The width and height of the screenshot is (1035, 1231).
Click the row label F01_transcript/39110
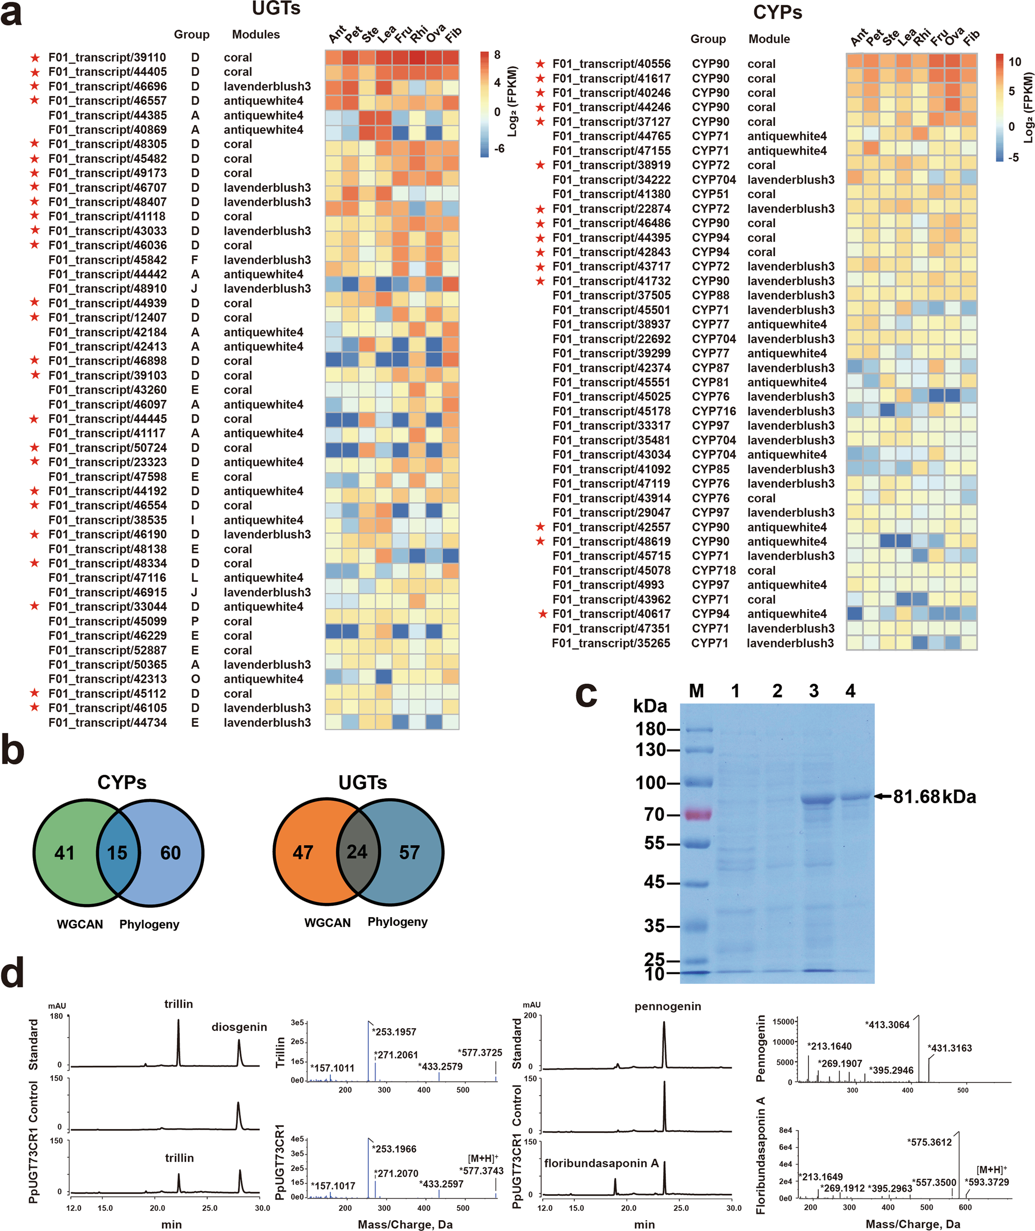point(108,57)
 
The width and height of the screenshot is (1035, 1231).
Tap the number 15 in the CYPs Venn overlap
point(117,852)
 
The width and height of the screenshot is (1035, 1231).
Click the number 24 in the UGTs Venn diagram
point(357,851)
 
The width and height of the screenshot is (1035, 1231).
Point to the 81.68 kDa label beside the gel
point(934,797)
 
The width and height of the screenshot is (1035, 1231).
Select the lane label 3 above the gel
point(813,691)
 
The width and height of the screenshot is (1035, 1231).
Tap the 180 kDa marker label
point(651,729)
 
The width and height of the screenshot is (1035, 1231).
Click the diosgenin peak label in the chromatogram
point(239,1027)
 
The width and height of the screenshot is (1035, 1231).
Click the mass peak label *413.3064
point(887,1025)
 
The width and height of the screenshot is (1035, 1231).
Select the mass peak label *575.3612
point(929,1142)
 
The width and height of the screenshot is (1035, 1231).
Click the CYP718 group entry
point(713,571)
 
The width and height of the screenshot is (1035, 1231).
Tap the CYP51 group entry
point(710,194)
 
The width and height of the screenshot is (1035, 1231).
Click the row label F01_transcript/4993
point(608,584)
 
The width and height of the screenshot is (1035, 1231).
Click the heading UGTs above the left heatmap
point(276,8)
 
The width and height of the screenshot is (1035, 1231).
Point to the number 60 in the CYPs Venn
point(171,852)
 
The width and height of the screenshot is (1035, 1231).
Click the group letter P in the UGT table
point(195,621)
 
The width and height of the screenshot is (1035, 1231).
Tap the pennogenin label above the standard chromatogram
point(668,1007)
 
